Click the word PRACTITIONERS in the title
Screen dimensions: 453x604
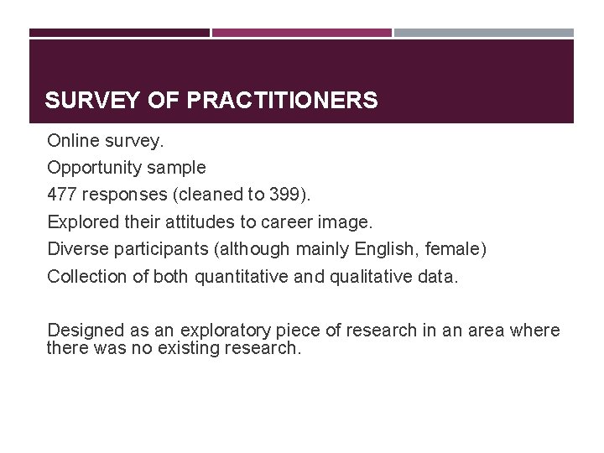283,102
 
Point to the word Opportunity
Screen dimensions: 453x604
95,167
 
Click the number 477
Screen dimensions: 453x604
61,195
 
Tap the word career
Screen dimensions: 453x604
269,222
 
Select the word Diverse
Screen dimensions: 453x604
74,249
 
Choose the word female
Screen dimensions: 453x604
459,249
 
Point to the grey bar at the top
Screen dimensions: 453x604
484,33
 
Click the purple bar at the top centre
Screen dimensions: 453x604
302,33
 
